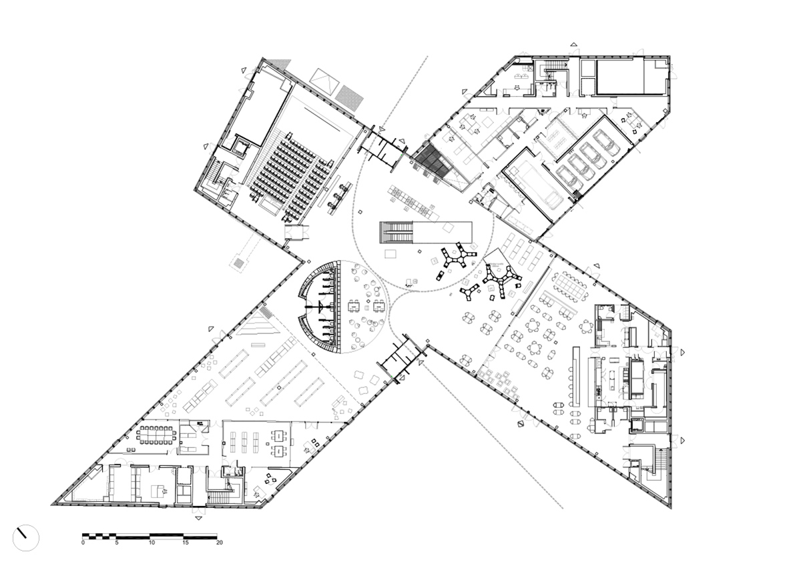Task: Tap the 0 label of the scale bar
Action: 83,543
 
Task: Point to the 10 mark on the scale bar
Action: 152,543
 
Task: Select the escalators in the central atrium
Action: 397,231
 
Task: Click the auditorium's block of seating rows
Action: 294,177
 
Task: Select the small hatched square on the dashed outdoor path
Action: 238,263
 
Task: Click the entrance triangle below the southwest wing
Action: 198,517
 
